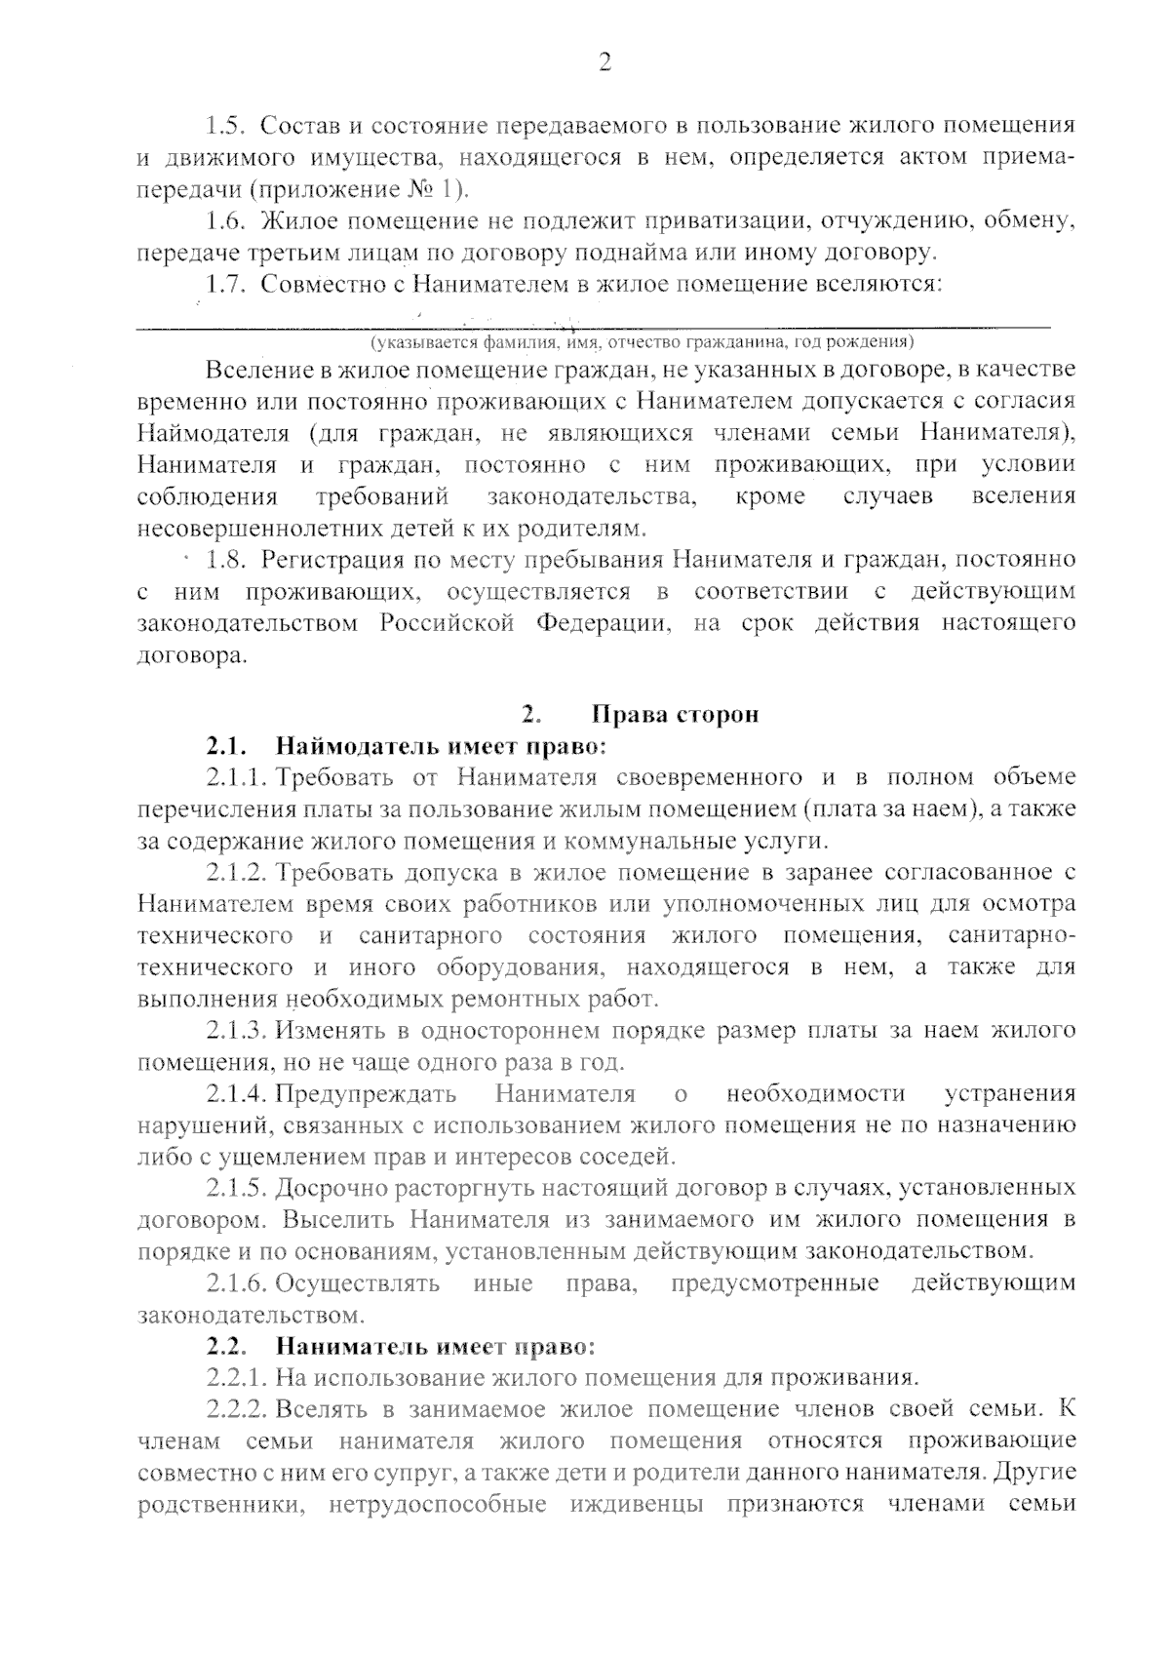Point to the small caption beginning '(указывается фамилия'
point(641,342)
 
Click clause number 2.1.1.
point(237,778)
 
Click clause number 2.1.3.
point(237,1031)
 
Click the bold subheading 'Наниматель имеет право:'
point(435,1348)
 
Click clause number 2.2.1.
point(237,1379)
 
